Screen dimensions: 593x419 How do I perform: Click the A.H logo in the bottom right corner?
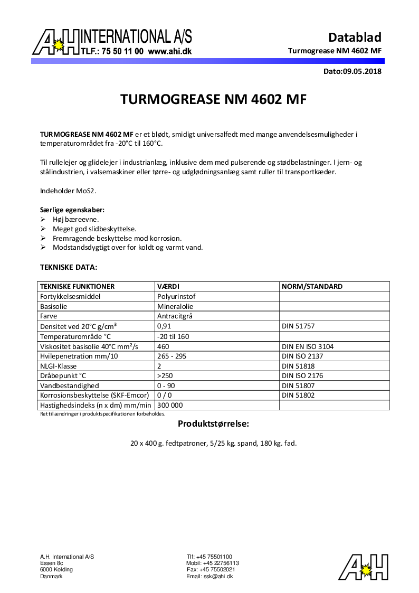pos(364,567)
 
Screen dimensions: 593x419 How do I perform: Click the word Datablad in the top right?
pos(355,37)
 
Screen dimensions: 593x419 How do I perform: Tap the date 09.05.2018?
pos(361,71)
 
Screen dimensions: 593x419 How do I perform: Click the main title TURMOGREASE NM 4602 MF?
pos(213,100)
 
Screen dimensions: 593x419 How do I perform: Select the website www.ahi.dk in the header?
pos(169,52)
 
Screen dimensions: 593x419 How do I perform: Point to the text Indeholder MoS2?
pos(61,191)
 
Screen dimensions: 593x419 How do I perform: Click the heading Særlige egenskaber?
pos(72,210)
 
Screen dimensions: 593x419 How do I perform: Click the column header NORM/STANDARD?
pos(312,287)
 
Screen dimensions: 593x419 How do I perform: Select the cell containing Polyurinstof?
pos(176,297)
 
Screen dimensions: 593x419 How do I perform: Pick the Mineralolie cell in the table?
pos(175,306)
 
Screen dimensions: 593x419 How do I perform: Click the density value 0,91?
pos(163,327)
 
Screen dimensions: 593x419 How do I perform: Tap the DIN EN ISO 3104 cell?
pos(308,347)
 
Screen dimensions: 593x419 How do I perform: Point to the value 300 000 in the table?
pos(170,405)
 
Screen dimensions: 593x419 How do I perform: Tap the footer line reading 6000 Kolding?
pos(56,570)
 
